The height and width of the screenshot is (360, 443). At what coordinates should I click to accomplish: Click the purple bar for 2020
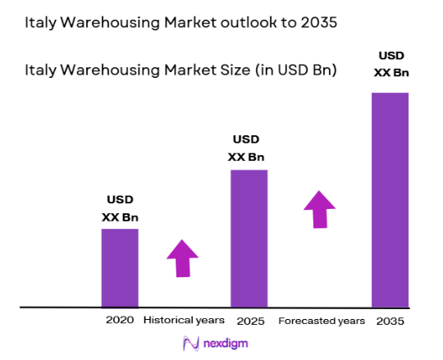click(120, 267)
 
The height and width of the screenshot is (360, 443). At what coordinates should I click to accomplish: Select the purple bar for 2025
click(249, 238)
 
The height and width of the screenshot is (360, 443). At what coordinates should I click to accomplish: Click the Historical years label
click(182, 319)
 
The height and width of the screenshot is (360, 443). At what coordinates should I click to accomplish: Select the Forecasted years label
click(321, 319)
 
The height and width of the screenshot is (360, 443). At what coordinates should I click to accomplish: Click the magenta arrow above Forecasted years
click(320, 210)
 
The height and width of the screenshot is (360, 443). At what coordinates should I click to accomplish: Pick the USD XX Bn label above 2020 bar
click(120, 208)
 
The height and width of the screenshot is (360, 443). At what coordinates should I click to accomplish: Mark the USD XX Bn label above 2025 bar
click(249, 148)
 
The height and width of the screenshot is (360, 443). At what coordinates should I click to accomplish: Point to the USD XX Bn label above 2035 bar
click(390, 64)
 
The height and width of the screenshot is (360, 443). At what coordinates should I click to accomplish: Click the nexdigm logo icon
click(191, 343)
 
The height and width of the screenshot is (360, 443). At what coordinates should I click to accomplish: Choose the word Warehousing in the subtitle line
click(109, 71)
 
